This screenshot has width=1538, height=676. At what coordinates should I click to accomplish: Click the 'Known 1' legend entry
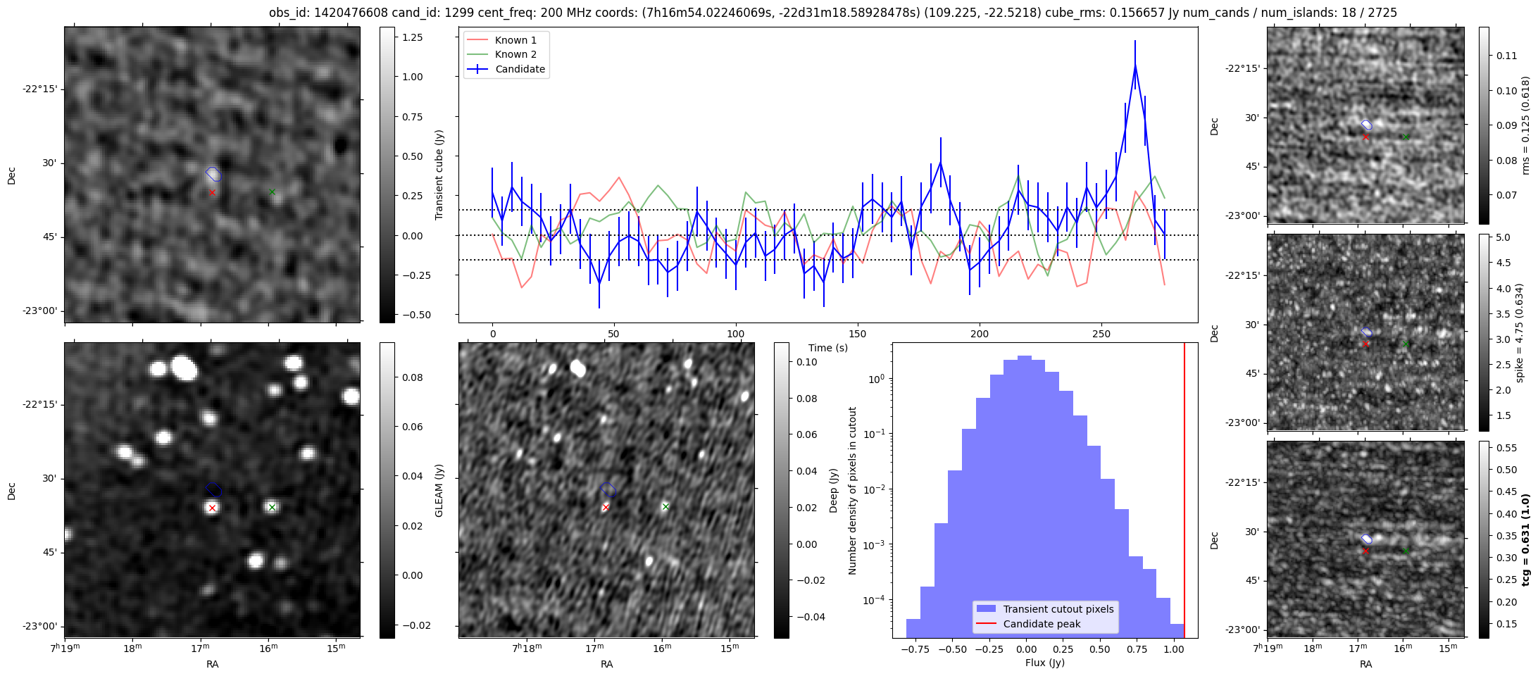pos(515,40)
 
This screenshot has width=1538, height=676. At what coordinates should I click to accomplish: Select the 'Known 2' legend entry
pos(515,54)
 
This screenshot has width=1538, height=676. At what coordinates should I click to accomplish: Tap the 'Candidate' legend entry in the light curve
pos(520,69)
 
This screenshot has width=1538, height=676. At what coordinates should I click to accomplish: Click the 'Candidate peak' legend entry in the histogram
pos(1042,624)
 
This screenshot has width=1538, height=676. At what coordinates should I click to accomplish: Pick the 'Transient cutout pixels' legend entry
pos(1058,609)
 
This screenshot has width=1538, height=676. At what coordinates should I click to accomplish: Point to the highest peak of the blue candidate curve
pos(1135,65)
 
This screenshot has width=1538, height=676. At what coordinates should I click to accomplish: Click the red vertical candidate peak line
pos(1184,493)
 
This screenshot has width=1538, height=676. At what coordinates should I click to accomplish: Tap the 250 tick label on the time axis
pos(1101,334)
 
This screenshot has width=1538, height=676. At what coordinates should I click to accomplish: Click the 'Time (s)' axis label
pos(828,348)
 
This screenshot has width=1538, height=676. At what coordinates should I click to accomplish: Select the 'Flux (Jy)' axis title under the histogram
pos(1045,663)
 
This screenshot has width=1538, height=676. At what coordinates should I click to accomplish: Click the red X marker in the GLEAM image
pos(212,508)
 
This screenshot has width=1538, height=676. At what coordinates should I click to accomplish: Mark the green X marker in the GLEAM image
pos(272,507)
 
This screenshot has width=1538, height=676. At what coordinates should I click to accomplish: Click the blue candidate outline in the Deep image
pos(608,489)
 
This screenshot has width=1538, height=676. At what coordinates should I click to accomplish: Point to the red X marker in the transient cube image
pos(212,192)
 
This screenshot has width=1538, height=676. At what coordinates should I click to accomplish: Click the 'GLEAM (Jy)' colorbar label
pos(439,491)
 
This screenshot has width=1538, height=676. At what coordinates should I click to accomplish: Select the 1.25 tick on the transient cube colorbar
pos(412,37)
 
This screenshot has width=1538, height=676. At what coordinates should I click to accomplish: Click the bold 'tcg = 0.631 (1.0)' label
pos(1525,540)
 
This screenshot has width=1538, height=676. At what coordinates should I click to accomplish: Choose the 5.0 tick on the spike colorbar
pos(1503,238)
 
